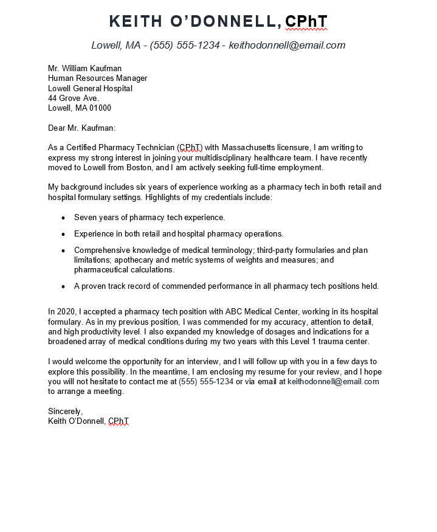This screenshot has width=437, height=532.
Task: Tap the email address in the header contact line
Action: [x=287, y=45]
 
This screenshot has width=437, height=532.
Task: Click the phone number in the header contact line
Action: [x=185, y=45]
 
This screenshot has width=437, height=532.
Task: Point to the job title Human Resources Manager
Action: [x=97, y=78]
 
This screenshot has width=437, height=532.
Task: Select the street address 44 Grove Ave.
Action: [x=73, y=98]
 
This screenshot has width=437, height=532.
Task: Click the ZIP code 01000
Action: [x=101, y=108]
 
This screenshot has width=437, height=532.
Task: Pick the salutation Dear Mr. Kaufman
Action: [x=81, y=128]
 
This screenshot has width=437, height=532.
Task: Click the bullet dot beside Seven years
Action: [x=63, y=218]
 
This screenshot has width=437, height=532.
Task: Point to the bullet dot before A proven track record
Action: [x=63, y=286]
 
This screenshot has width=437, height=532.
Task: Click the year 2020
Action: [x=67, y=312]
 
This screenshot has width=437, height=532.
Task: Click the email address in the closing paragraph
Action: [x=333, y=382]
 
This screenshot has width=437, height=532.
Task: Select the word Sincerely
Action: [x=65, y=412]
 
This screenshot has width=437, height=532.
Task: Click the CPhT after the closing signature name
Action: [x=119, y=421]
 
